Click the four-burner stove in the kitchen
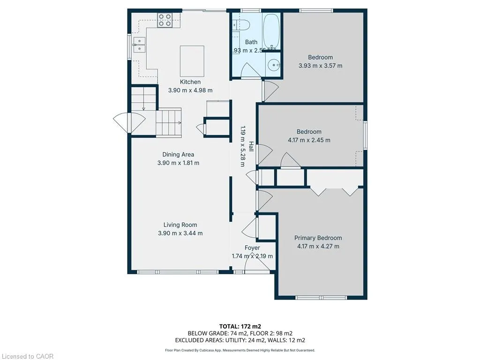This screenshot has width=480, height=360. click(165, 20)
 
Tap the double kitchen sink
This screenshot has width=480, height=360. click(139, 45)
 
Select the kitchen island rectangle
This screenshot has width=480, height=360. click(192, 61)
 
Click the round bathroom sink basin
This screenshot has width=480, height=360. click(273, 65)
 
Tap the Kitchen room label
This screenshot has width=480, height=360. click(190, 82)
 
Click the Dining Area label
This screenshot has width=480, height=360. click(178, 154)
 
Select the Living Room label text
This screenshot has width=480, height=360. click(180, 225)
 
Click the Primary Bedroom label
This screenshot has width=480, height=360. click(318, 238)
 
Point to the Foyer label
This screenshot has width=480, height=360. click(252, 247)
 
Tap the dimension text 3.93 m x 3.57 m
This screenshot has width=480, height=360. click(321, 66)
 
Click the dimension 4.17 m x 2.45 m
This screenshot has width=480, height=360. click(309, 140)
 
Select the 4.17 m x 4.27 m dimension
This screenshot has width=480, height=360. click(318, 246)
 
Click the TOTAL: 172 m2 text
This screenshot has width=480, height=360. click(240, 326)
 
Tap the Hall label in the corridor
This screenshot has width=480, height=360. click(251, 146)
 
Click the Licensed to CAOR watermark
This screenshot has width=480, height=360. click(27, 356)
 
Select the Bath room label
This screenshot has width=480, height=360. click(251, 42)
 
